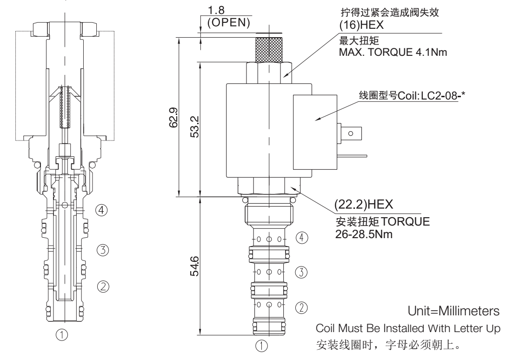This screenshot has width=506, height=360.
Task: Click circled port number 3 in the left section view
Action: tap(105, 250)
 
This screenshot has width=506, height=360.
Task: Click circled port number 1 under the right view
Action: tap(263, 346)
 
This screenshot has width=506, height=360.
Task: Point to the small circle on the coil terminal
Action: tap(350, 133)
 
